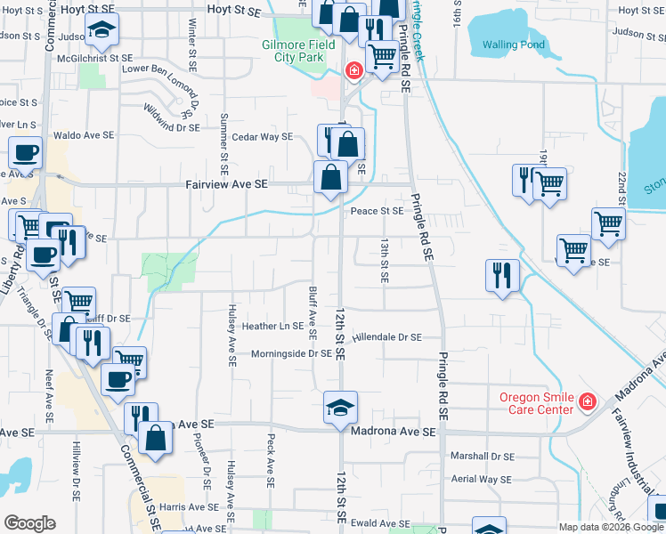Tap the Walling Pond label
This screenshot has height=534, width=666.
click(x=513, y=44)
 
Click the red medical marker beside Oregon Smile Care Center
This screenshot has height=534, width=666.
click(x=586, y=403)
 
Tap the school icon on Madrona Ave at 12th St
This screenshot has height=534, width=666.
click(x=340, y=407)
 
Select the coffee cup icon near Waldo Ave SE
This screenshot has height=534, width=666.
click(x=24, y=153)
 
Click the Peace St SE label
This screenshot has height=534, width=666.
click(x=377, y=211)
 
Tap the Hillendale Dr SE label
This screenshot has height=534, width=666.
click(x=386, y=338)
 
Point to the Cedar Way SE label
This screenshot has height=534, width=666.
click(x=262, y=137)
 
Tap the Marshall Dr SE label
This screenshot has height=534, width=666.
click(x=482, y=456)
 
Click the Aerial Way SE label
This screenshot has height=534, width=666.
click(x=481, y=479)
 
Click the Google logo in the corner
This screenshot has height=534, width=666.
click(x=29, y=523)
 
